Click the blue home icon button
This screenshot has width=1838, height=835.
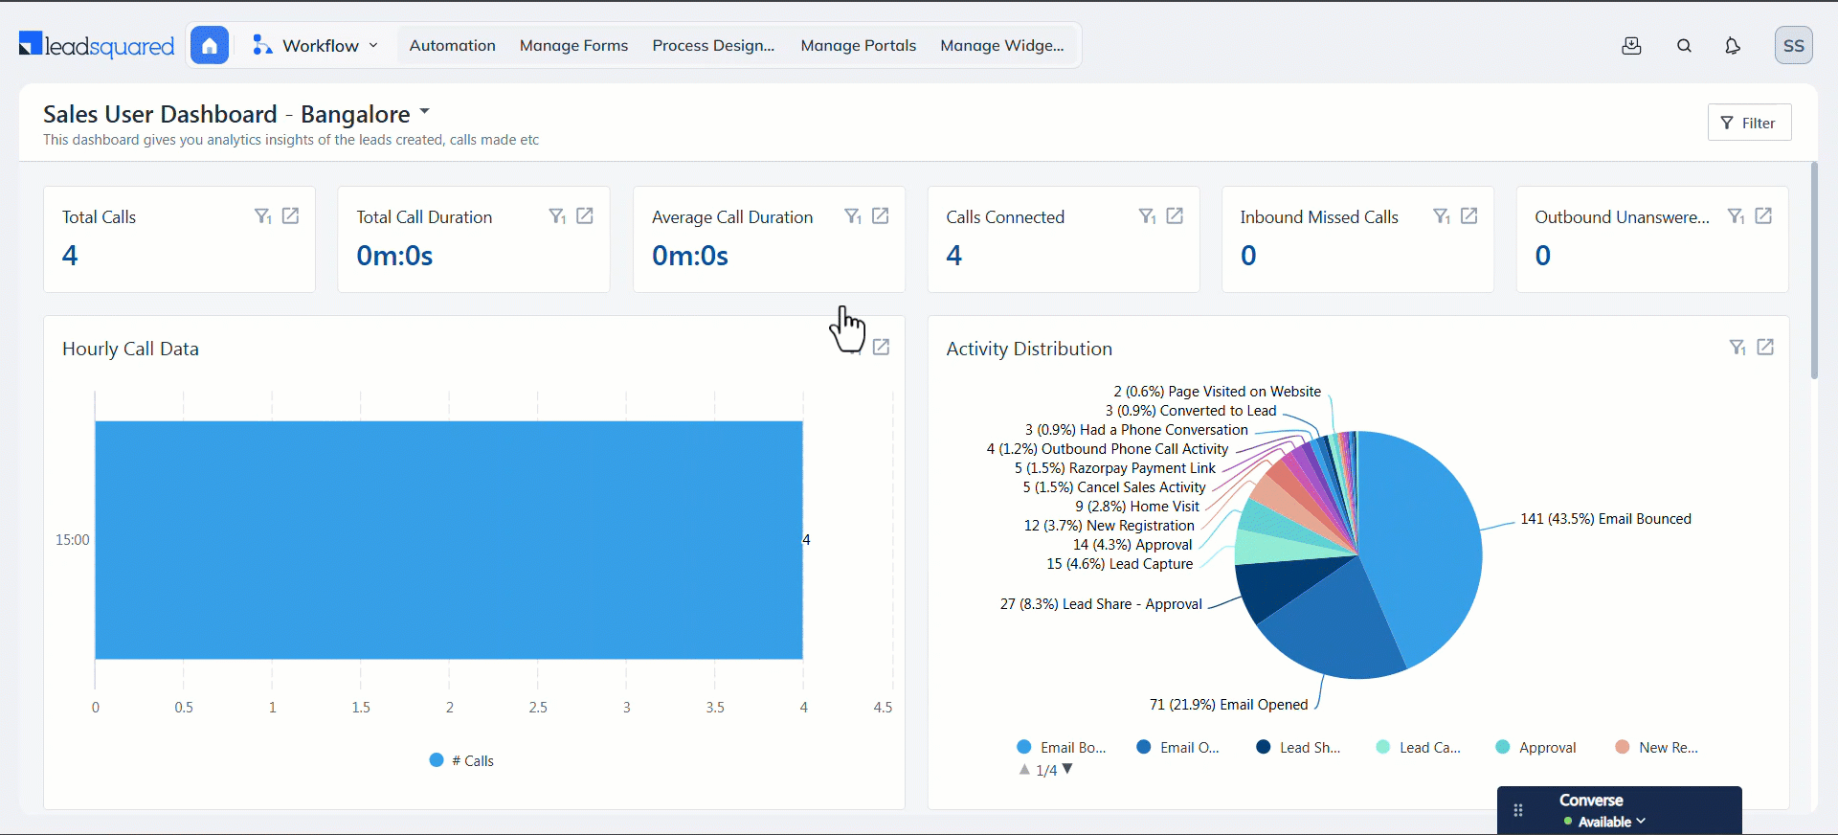click(x=210, y=45)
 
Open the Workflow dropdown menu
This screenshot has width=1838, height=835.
click(x=316, y=45)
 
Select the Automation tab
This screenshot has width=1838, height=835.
click(x=452, y=45)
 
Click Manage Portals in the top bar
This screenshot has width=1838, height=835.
click(x=858, y=45)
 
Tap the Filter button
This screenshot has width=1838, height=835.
click(x=1749, y=123)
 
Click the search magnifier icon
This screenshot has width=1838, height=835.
click(x=1684, y=45)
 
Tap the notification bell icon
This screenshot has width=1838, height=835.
click(x=1732, y=45)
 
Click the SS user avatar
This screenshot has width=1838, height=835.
click(x=1793, y=45)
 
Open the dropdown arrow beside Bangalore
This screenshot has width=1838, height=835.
click(x=425, y=112)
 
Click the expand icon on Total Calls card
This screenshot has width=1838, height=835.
click(x=291, y=216)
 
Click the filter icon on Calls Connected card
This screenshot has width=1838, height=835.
click(x=1146, y=216)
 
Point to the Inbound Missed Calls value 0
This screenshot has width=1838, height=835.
click(x=1248, y=256)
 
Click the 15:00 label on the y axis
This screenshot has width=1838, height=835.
click(x=73, y=540)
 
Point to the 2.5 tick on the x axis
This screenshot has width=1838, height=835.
click(x=538, y=708)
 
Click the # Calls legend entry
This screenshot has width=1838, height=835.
click(x=462, y=760)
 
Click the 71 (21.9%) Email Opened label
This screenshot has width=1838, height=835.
click(x=1228, y=705)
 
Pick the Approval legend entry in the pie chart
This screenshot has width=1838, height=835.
click(x=1536, y=748)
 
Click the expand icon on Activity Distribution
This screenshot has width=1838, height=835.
click(x=1765, y=348)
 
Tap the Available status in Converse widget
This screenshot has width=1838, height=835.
click(x=1605, y=822)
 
